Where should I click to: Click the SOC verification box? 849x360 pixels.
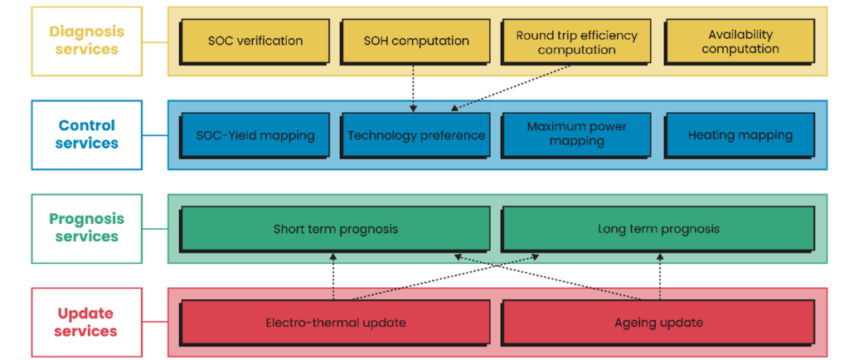click(x=255, y=41)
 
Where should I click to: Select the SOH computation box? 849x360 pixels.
click(x=415, y=41)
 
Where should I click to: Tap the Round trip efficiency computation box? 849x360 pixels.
click(x=576, y=41)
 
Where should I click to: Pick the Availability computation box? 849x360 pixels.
click(x=740, y=41)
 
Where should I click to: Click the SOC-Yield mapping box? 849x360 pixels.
click(x=255, y=135)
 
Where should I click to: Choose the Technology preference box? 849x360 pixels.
click(x=415, y=135)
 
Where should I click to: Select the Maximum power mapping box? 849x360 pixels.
click(x=576, y=135)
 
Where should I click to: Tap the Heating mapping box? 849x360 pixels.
click(x=740, y=135)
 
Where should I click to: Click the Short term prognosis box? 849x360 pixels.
click(x=335, y=229)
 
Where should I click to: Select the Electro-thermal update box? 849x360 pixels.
click(x=335, y=324)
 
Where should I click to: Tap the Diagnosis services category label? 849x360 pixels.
click(x=86, y=41)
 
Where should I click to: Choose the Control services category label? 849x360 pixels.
click(x=86, y=134)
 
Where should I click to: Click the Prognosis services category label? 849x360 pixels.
click(x=86, y=228)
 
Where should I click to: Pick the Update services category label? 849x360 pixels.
click(x=86, y=322)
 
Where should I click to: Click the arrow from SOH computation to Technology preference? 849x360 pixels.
click(x=414, y=89)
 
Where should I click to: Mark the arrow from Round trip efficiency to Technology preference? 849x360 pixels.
click(x=511, y=88)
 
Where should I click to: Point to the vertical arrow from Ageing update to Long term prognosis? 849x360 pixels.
click(x=660, y=276)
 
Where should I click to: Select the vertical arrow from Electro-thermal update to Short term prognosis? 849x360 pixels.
click(x=333, y=276)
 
